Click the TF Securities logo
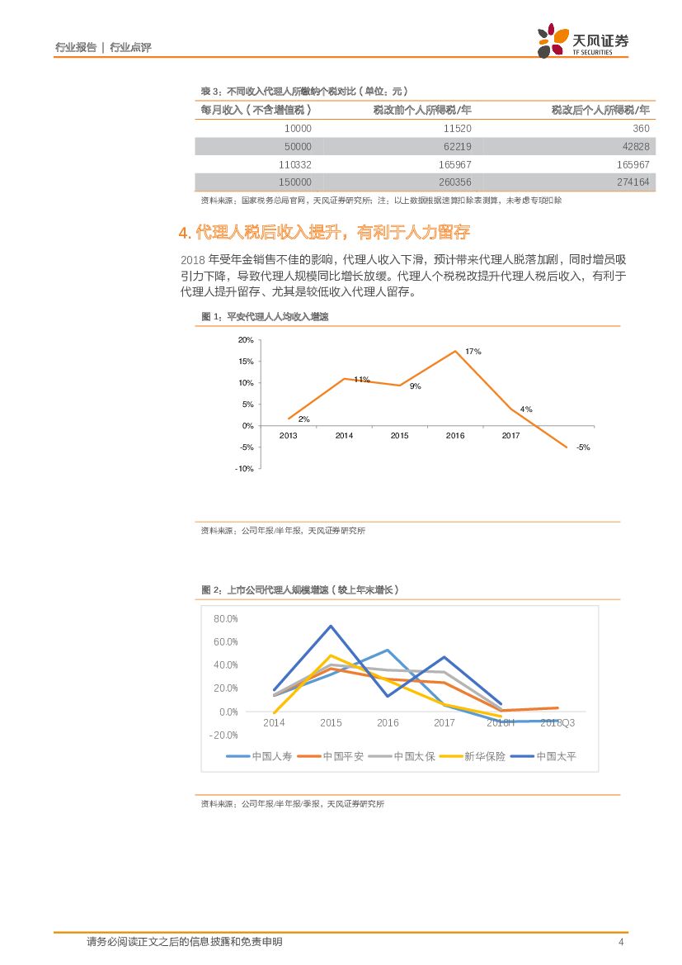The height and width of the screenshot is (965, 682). click(x=582, y=40)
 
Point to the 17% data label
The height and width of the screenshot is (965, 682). click(x=473, y=352)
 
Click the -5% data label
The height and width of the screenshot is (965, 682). click(x=583, y=447)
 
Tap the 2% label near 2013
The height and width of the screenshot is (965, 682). click(x=303, y=419)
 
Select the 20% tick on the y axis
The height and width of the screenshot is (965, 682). click(x=245, y=340)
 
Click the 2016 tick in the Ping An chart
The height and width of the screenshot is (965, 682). click(x=455, y=435)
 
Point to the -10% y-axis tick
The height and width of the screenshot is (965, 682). click(x=244, y=469)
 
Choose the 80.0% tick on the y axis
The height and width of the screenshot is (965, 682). click(x=225, y=618)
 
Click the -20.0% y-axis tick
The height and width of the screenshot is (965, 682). click(x=224, y=735)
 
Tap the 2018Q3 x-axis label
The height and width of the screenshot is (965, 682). click(x=557, y=722)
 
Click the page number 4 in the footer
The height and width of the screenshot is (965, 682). click(x=620, y=942)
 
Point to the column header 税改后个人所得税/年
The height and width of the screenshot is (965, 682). click(x=600, y=110)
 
